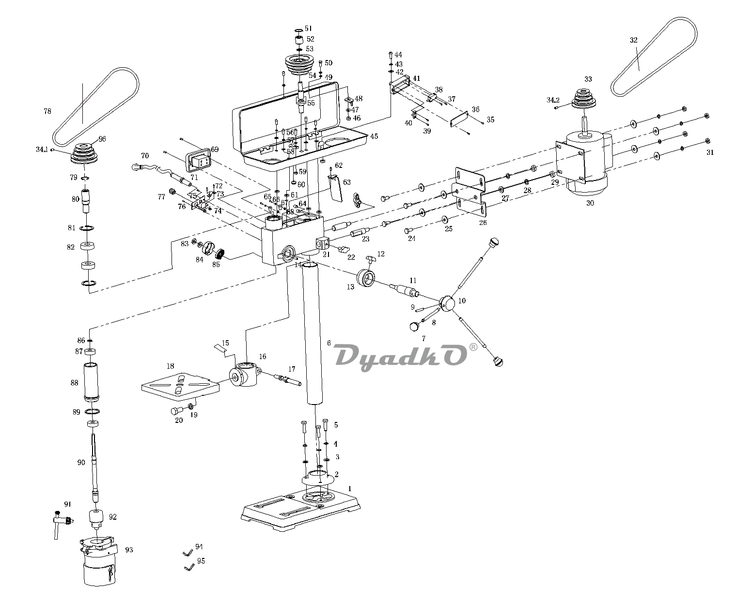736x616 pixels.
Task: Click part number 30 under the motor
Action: point(590,203)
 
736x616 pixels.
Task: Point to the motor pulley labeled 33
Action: point(584,101)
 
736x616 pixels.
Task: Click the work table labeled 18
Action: point(180,382)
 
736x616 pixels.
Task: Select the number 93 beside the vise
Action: point(129,550)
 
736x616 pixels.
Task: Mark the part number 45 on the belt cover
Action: point(374,136)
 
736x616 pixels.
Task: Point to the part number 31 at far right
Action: point(710,152)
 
